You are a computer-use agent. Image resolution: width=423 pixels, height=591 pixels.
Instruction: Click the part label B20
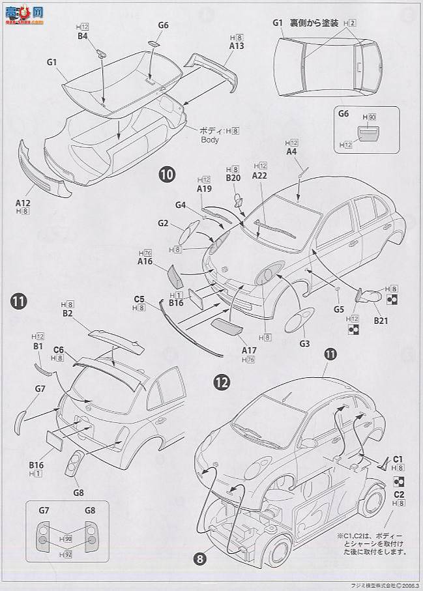coord(233,177)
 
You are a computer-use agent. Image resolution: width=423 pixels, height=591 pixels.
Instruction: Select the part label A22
coord(259,175)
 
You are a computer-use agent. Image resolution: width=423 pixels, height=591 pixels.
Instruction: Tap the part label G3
coord(304,343)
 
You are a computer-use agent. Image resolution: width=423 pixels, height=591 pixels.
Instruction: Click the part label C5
coord(139,299)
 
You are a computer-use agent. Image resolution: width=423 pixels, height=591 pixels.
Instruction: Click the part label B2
coord(67,313)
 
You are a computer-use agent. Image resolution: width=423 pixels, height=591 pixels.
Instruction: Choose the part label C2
coord(398,495)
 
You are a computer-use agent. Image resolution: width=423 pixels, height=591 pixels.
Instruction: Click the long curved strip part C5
coord(189,329)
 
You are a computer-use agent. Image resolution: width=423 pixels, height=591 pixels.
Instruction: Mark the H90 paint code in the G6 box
coord(370,117)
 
